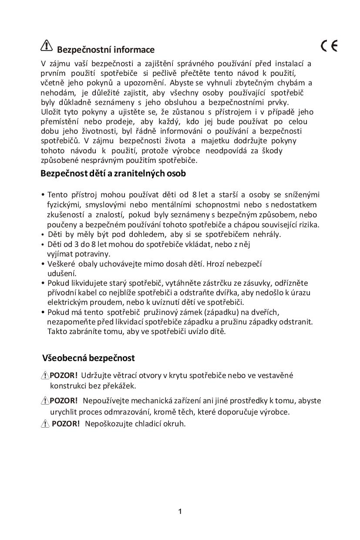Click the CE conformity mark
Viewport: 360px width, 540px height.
[x=329, y=45]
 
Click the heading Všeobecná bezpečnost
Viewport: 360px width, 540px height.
[x=88, y=358]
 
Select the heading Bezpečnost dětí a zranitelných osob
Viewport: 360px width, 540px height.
[x=113, y=173]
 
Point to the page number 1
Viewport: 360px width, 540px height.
[x=180, y=511]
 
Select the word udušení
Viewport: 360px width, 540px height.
[x=62, y=273]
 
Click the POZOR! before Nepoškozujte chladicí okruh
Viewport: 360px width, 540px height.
[x=66, y=423]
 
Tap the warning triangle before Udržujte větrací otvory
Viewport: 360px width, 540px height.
[x=45, y=375]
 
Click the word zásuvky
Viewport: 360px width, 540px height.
[x=256, y=283]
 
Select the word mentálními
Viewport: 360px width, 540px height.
[x=172, y=205]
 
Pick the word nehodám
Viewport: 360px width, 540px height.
[x=58, y=92]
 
